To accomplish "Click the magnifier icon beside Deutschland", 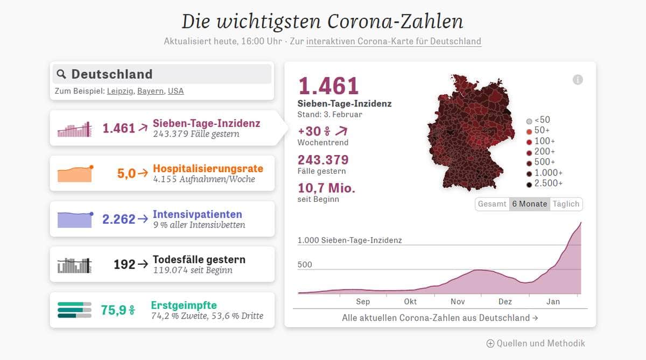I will click(61, 74).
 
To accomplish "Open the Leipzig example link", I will click(119, 91).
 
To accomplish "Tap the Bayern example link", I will click(150, 91).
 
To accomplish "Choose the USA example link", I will click(175, 91).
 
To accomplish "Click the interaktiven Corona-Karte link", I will click(394, 41).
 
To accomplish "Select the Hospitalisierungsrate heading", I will click(208, 168).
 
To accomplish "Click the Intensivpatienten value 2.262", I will click(118, 219).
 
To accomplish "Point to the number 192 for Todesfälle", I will click(124, 264).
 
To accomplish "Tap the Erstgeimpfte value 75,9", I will click(113, 310).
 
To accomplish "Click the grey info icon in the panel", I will click(578, 80).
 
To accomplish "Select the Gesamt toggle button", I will click(492, 204).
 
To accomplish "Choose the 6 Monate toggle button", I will click(530, 204).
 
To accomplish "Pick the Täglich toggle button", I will click(566, 204).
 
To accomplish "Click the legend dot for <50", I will click(529, 121).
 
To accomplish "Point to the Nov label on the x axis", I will click(458, 302).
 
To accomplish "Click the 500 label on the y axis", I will click(305, 265).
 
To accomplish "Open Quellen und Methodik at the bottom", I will click(536, 343).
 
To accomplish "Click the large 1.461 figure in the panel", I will click(328, 86).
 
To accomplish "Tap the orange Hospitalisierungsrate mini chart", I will click(75, 174).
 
